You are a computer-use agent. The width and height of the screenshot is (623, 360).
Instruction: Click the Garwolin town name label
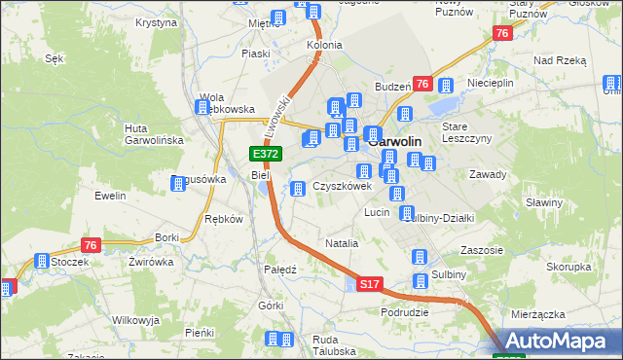pyautogui.click(x=402, y=140)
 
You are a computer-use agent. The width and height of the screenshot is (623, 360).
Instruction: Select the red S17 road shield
pyautogui.click(x=368, y=284)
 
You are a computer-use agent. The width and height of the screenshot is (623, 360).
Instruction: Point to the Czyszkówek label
pyautogui.click(x=342, y=186)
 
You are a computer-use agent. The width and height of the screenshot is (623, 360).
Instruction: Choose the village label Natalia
pyautogui.click(x=342, y=243)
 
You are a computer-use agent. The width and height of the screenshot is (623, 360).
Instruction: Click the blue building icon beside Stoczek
pyautogui.click(x=42, y=261)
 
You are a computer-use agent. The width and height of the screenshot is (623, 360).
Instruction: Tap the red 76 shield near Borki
pyautogui.click(x=91, y=244)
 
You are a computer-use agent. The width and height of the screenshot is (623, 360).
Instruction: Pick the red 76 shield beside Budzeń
pyautogui.click(x=422, y=85)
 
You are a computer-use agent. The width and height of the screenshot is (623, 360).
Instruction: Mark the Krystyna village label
pyautogui.click(x=156, y=21)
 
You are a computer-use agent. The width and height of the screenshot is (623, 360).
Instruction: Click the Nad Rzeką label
pyautogui.click(x=560, y=60)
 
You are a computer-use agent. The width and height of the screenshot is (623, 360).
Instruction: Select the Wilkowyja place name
pyautogui.click(x=135, y=320)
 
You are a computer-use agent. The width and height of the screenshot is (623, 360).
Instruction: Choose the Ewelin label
pyautogui.click(x=111, y=196)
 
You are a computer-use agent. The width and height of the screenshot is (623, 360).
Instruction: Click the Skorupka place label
pyautogui.click(x=568, y=267)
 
